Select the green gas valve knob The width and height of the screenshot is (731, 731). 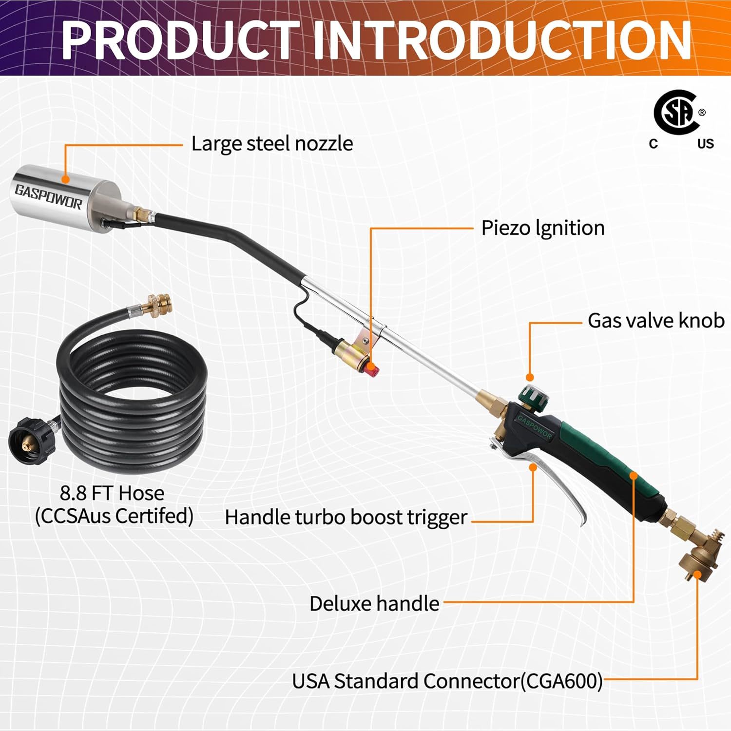(533, 396)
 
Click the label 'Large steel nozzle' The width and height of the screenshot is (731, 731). (272, 144)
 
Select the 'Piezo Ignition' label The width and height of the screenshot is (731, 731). (542, 228)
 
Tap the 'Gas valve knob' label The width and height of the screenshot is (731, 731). (655, 321)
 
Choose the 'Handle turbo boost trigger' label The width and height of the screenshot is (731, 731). (346, 518)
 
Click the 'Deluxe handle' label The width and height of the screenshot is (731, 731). (374, 604)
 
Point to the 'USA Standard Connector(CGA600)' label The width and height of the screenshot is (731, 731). (447, 681)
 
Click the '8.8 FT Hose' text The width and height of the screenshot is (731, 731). (112, 493)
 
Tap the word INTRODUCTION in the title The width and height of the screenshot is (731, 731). (502, 40)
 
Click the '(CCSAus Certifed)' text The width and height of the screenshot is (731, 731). (114, 516)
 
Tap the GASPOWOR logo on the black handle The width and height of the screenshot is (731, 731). (535, 427)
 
